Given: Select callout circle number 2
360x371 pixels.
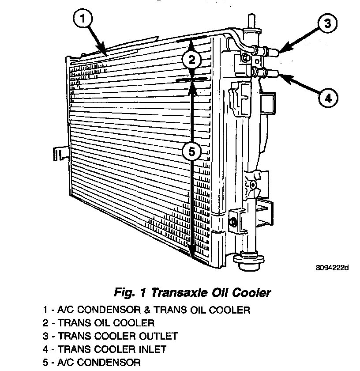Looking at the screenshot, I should coord(191,59).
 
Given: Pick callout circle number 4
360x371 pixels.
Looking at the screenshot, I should coord(327,98).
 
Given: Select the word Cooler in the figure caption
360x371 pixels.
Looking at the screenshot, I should coord(252,292).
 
